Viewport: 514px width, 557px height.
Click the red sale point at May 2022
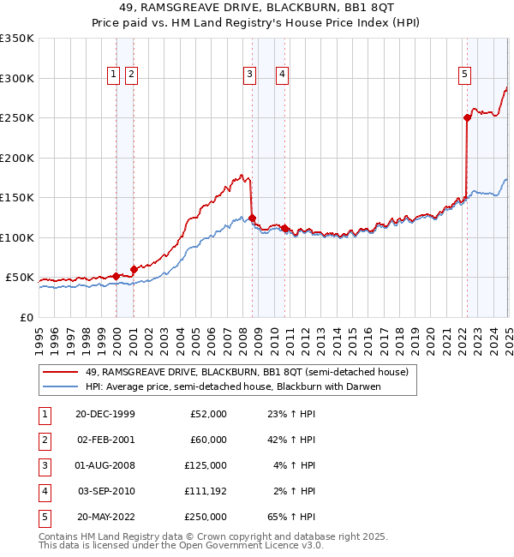pyautogui.click(x=467, y=118)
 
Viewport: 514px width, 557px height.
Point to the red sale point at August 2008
pyautogui.click(x=252, y=218)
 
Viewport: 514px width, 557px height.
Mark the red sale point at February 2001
pyautogui.click(x=134, y=269)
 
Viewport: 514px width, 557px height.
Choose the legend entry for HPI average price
pyautogui.click(x=232, y=386)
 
